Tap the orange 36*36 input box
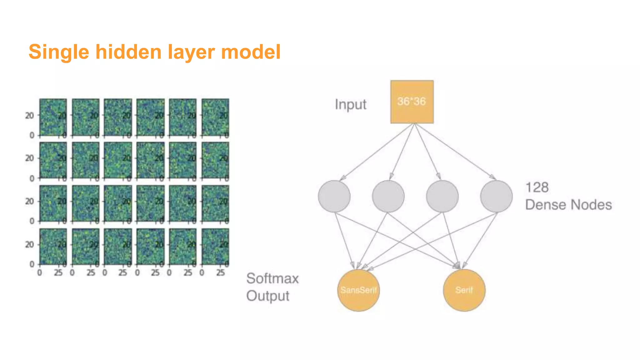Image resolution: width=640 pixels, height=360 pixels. pos(412,102)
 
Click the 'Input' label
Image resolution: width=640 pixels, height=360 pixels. pos(350,104)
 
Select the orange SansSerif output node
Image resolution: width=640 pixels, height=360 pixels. pos(358,290)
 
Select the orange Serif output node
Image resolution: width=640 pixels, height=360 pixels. pos(464,290)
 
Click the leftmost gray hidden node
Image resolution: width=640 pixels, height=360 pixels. pos(334,196)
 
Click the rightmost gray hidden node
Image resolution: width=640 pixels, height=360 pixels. pos(496,196)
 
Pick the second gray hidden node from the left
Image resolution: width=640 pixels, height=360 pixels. pos(388,196)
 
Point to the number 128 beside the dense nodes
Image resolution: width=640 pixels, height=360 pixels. pos(537,187)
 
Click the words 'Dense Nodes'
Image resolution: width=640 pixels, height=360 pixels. pos(568,205)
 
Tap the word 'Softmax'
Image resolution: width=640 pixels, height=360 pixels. pos(272,278)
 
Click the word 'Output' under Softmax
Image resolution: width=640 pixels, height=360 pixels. pos(268,296)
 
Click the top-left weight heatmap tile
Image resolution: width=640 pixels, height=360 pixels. pos(53,117)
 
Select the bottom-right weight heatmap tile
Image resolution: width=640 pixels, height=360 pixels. pos(215,247)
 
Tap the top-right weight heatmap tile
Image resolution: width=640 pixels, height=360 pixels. pos(215,117)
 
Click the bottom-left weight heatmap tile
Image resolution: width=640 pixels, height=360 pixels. pos(53,247)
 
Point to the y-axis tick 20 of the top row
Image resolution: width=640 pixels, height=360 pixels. pos(29,116)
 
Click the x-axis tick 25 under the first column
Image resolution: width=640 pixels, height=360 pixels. pos(58,273)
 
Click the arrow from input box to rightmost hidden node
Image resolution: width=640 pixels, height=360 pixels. pos(455,151)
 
